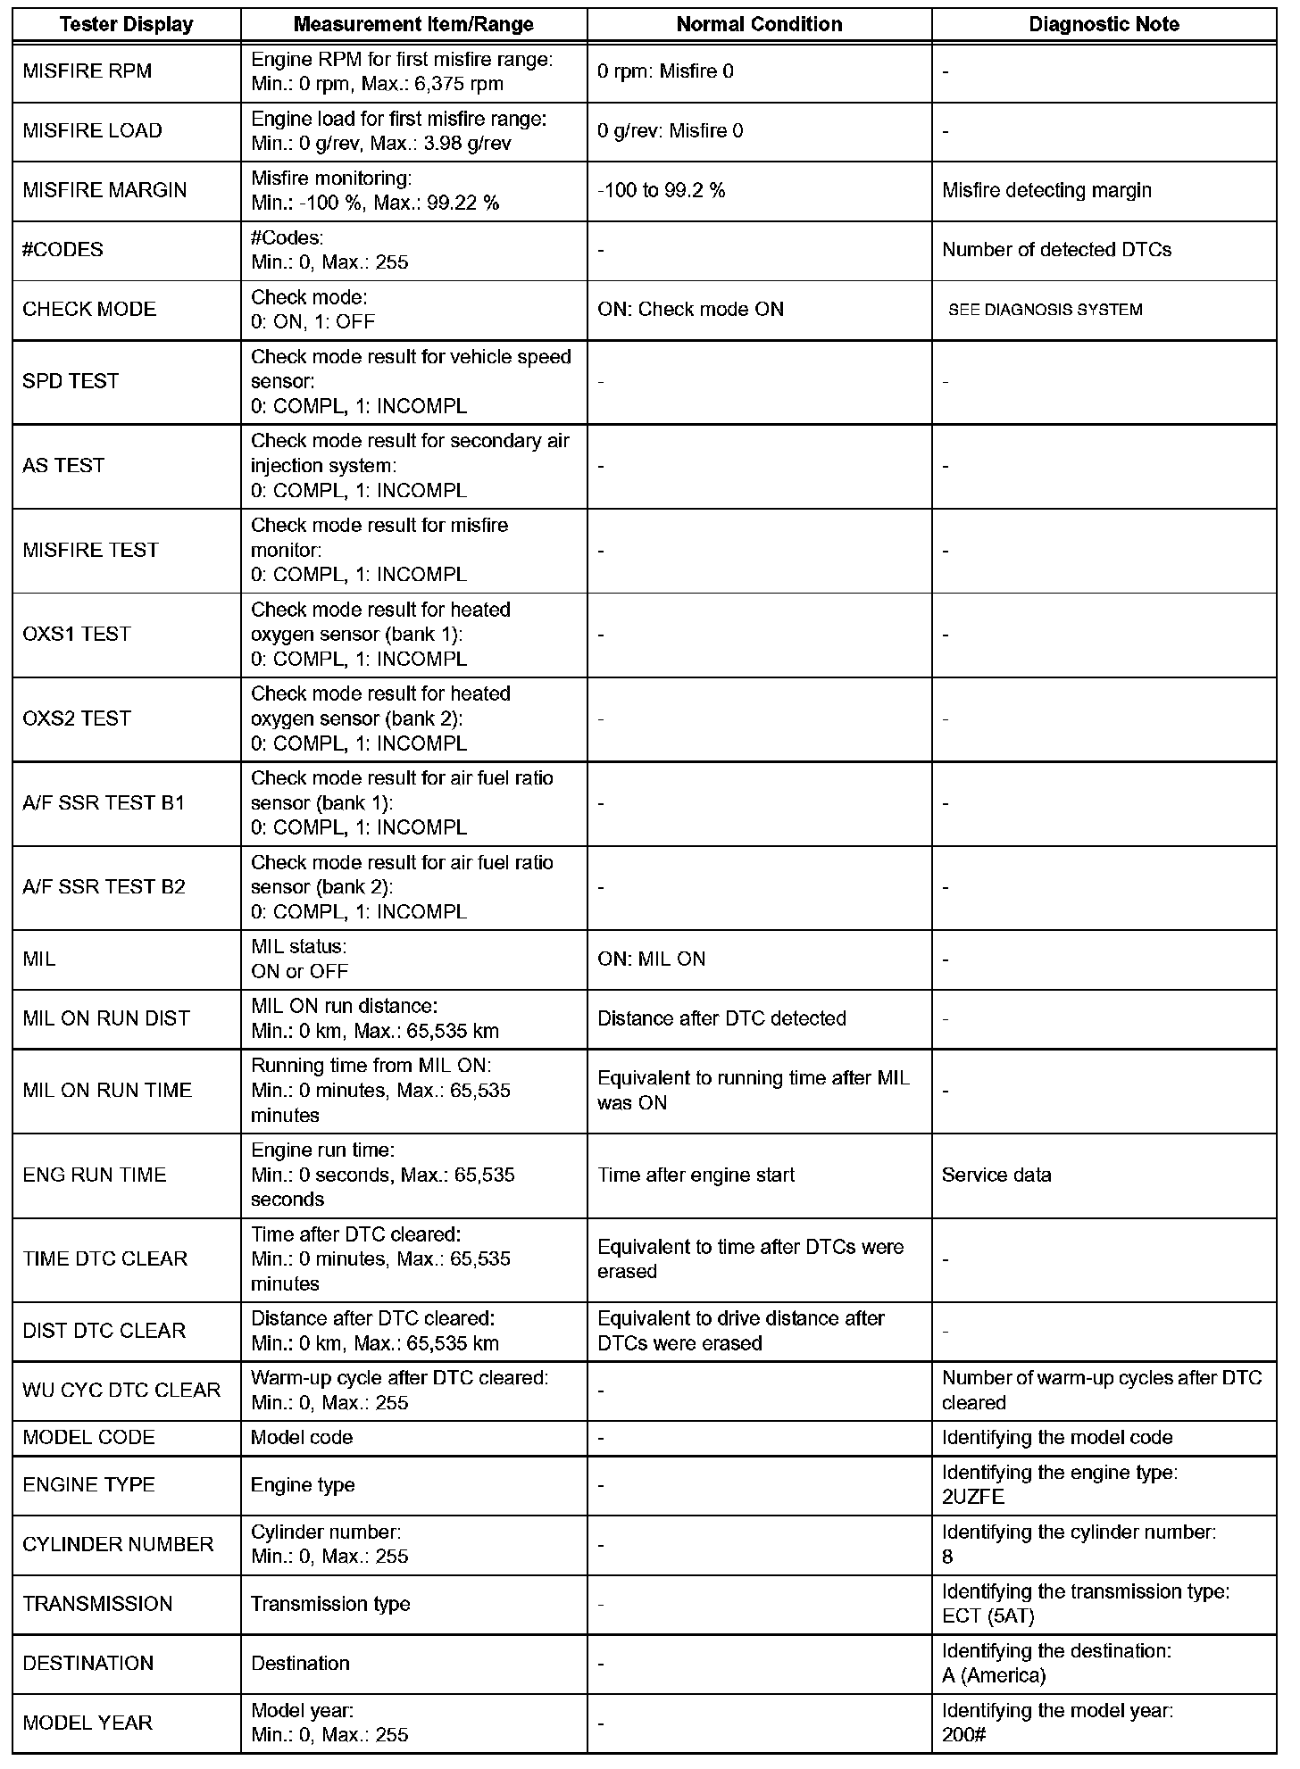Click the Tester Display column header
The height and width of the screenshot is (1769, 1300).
click(126, 24)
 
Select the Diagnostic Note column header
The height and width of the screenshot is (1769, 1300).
click(1104, 24)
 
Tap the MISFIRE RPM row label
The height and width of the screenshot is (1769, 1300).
click(87, 71)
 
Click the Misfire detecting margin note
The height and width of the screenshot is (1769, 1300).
click(1046, 190)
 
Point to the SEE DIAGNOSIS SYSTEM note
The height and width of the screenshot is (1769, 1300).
click(1045, 310)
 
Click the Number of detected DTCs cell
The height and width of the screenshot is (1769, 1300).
click(1056, 250)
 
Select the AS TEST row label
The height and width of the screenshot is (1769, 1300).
click(63, 466)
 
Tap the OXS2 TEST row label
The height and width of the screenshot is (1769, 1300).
click(77, 718)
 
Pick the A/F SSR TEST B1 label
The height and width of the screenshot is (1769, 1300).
click(104, 802)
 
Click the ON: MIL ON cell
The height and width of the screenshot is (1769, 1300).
click(651, 959)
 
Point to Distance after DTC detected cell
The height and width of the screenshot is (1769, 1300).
click(721, 1018)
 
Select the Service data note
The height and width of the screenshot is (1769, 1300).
click(996, 1175)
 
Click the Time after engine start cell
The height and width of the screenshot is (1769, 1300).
click(696, 1175)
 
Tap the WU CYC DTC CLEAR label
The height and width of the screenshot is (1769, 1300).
click(121, 1390)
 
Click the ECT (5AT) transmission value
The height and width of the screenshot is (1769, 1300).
click(987, 1615)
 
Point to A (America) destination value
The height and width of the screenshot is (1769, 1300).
click(993, 1675)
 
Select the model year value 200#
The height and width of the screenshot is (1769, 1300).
click(963, 1735)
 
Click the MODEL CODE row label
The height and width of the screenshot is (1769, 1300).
click(88, 1437)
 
